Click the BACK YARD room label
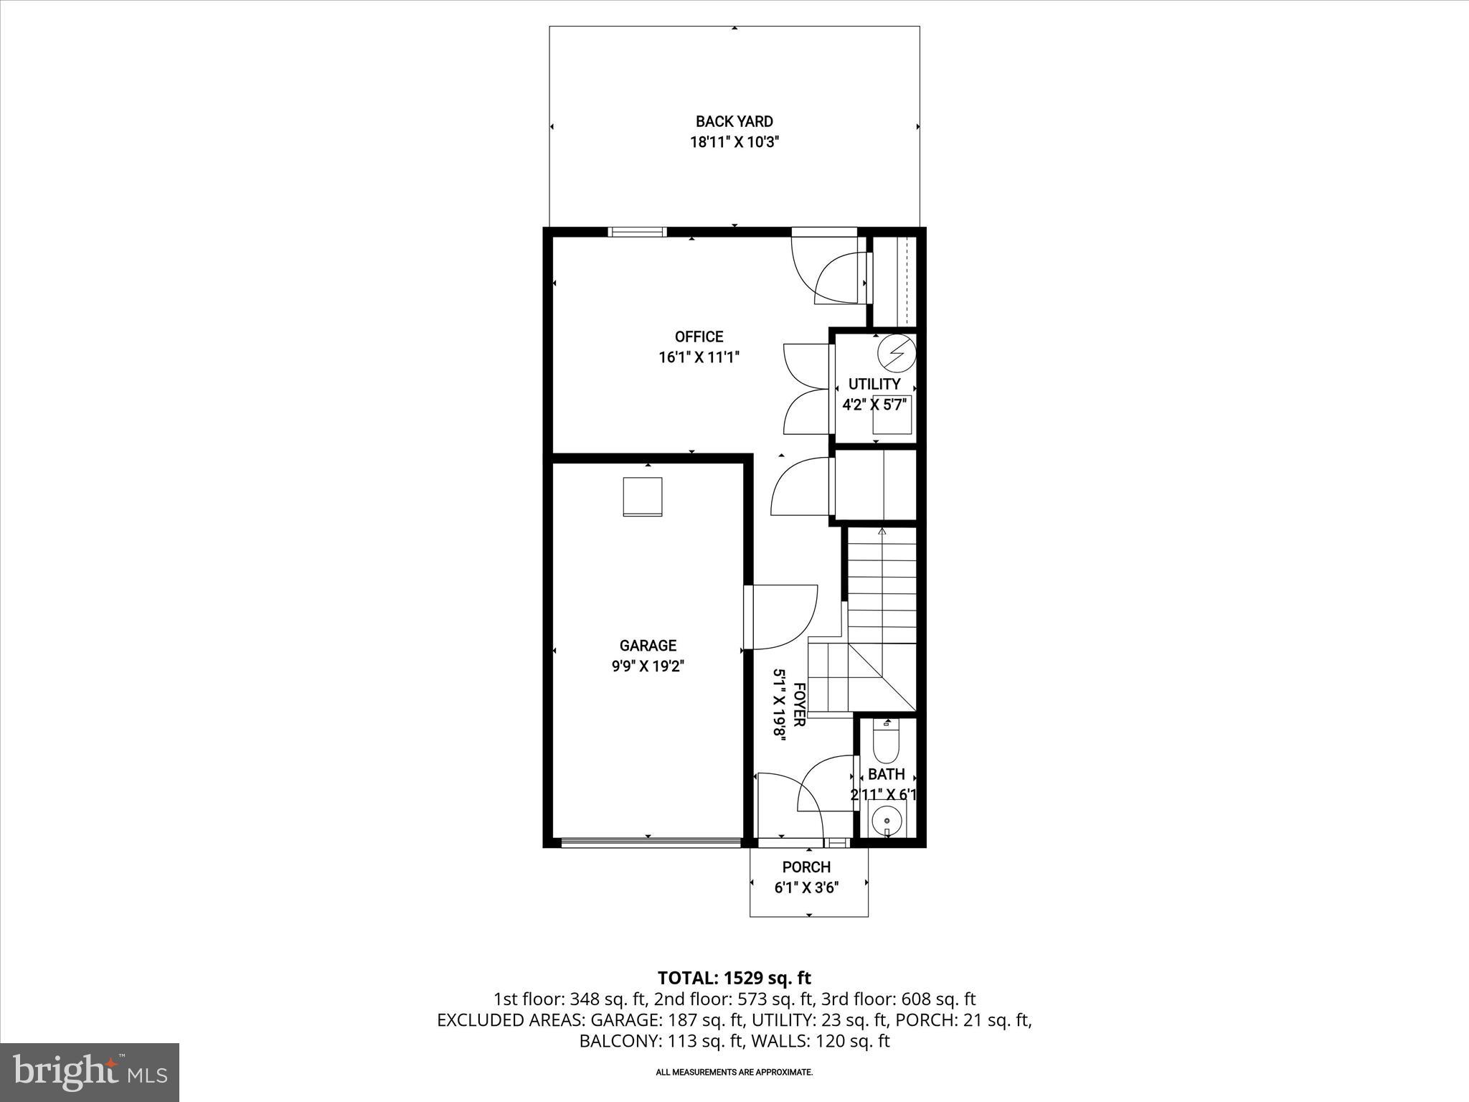734,121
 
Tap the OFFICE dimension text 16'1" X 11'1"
699,357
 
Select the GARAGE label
648,646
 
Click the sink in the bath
887,819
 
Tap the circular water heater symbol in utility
897,352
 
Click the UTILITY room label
874,384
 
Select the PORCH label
806,867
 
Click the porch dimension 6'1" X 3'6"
806,887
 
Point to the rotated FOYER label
798,705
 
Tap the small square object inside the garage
642,496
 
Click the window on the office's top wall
637,232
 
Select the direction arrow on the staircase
882,532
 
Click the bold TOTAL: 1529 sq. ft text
734,977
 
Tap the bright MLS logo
90,1073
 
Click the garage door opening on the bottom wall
651,843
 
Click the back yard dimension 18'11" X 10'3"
734,142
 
